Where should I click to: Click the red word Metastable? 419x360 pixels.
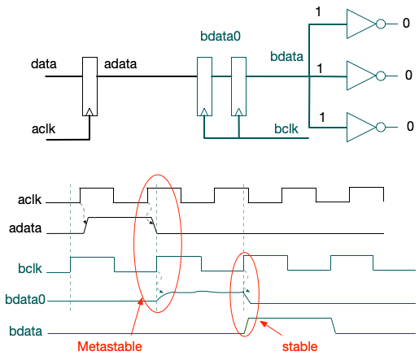pos(110,346)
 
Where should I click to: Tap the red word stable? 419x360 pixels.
pos(299,346)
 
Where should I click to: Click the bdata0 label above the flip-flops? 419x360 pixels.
pos(220,36)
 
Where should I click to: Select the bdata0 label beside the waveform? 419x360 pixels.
pos(25,300)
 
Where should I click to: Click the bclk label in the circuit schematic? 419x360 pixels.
pos(286,128)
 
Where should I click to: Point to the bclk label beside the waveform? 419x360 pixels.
pos(30,268)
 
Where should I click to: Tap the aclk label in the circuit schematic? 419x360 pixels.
pos(43,129)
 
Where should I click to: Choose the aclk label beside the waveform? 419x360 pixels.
pos(29,200)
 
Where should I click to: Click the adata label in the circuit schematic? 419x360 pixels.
pos(120,64)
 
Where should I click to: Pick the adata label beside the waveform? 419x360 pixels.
pos(25,228)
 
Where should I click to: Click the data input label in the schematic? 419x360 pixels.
pos(44,64)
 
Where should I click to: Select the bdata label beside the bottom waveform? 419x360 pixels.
pos(25,331)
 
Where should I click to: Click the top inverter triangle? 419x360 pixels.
pos(361,24)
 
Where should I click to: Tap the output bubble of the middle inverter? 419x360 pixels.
pos(381,76)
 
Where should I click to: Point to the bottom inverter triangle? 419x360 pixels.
pos(361,127)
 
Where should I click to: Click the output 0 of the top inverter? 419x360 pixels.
pos(406,23)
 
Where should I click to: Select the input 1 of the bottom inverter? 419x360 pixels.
pos(322,117)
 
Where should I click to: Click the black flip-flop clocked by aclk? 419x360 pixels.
pos(89,86)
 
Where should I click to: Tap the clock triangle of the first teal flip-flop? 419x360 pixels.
pos(204,112)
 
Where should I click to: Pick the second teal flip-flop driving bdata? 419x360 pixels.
pos(238,86)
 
